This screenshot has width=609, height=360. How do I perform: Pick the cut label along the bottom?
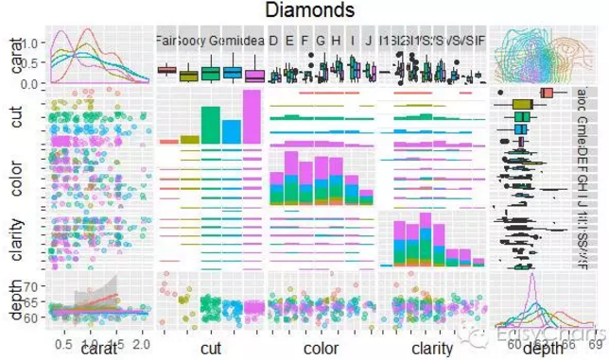click(211, 349)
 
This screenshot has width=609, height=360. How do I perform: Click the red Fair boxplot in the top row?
click(166, 69)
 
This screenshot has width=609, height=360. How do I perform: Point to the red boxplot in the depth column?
click(547, 93)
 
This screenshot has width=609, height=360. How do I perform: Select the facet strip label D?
click(273, 41)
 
